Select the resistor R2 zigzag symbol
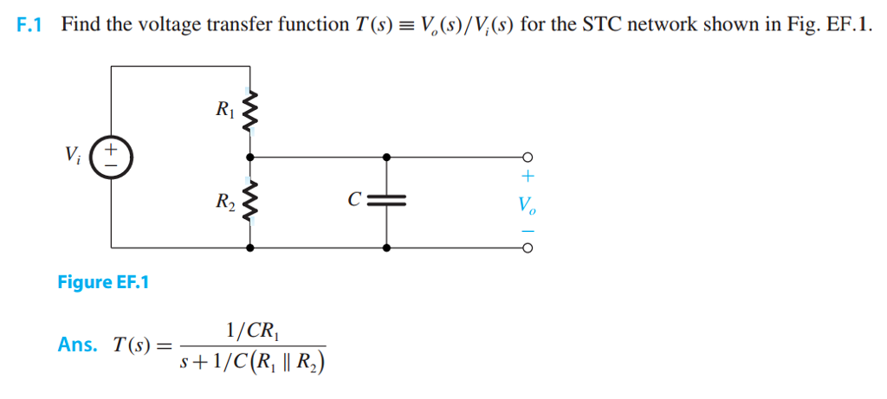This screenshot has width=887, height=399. pyautogui.click(x=250, y=203)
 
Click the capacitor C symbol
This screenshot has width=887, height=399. pyautogui.click(x=386, y=203)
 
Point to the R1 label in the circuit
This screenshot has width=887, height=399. pyautogui.click(x=223, y=110)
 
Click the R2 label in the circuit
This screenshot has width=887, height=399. pyautogui.click(x=224, y=203)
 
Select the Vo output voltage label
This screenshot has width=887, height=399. pyautogui.click(x=526, y=205)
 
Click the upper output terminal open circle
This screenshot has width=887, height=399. pyautogui.click(x=526, y=158)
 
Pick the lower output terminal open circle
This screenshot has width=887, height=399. pyautogui.click(x=526, y=248)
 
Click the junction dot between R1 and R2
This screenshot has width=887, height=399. pyautogui.click(x=250, y=158)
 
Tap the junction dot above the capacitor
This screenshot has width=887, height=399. pyautogui.click(x=386, y=158)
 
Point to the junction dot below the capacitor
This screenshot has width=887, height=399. pyautogui.click(x=386, y=248)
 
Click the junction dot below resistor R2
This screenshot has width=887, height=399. pyautogui.click(x=250, y=248)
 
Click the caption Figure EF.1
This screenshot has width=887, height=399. pyautogui.click(x=103, y=282)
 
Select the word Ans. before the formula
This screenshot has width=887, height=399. pyautogui.click(x=78, y=344)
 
